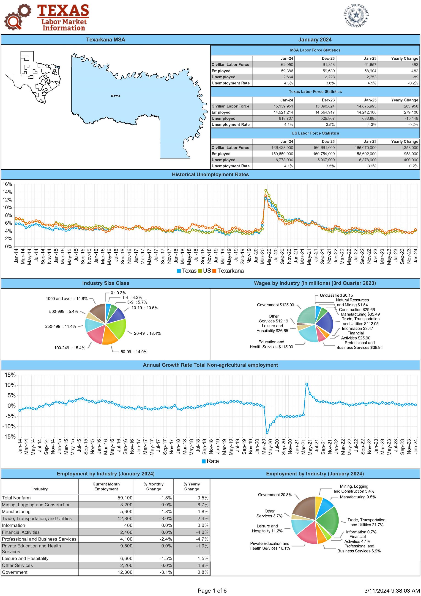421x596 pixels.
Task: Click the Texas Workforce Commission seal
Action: [356, 15]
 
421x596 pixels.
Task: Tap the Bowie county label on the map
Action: [115, 96]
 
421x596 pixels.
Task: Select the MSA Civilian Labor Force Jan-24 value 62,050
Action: [287, 65]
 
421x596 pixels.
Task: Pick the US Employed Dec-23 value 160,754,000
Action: [324, 154]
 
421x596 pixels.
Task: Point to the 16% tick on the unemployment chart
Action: [7, 184]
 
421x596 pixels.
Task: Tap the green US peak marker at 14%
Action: [266, 190]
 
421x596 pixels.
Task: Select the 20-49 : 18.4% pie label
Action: [147, 333]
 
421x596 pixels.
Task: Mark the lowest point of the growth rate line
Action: [267, 433]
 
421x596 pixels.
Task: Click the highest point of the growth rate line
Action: [307, 384]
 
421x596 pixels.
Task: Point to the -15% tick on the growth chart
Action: [9, 437]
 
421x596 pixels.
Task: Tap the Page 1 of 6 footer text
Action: [212, 590]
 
